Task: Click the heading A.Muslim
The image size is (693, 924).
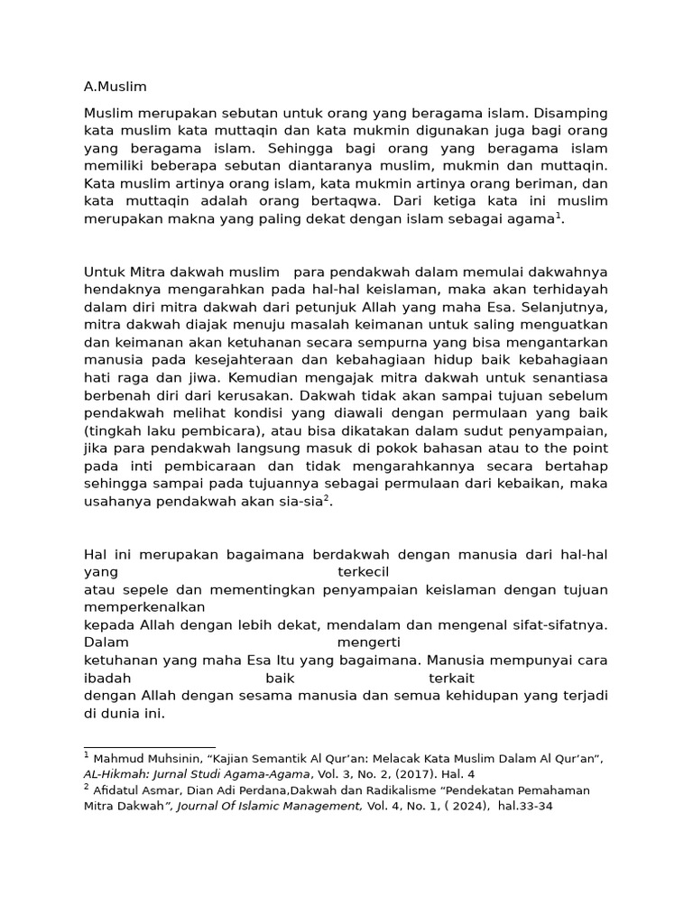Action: coord(115,87)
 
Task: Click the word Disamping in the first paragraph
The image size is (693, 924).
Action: coord(571,114)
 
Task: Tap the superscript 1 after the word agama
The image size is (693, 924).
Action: coord(558,215)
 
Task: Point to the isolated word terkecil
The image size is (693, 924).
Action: coord(364,571)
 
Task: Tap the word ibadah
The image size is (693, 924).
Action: coord(107,677)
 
